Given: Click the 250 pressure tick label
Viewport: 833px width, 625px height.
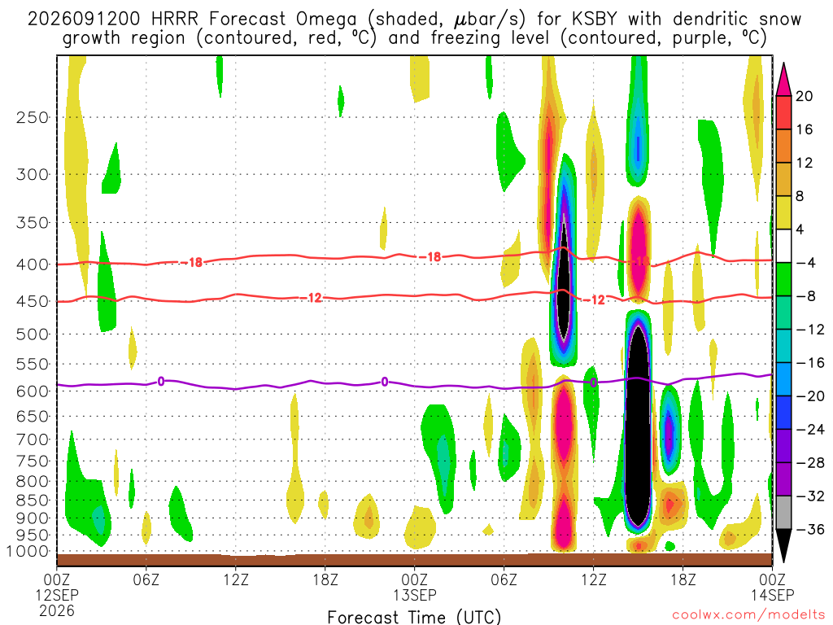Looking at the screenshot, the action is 33,117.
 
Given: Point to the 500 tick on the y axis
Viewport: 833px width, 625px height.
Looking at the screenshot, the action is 33,334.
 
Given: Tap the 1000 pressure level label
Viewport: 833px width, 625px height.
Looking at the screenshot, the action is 28,551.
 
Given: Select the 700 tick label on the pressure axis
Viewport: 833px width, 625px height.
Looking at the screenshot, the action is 33,439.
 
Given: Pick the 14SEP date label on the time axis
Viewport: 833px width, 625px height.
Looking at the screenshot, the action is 773,595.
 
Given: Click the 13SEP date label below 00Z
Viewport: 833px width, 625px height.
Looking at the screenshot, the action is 414,595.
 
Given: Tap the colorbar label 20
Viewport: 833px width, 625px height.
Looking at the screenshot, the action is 804,96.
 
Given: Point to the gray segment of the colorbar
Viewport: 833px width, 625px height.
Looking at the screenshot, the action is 783,513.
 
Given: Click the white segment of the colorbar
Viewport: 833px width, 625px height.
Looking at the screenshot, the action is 783,246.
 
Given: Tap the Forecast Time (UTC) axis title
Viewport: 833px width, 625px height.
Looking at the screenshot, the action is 414,617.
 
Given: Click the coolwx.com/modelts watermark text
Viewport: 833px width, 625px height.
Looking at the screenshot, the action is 748,614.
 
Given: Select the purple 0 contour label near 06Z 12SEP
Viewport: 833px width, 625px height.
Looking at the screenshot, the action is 160,381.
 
